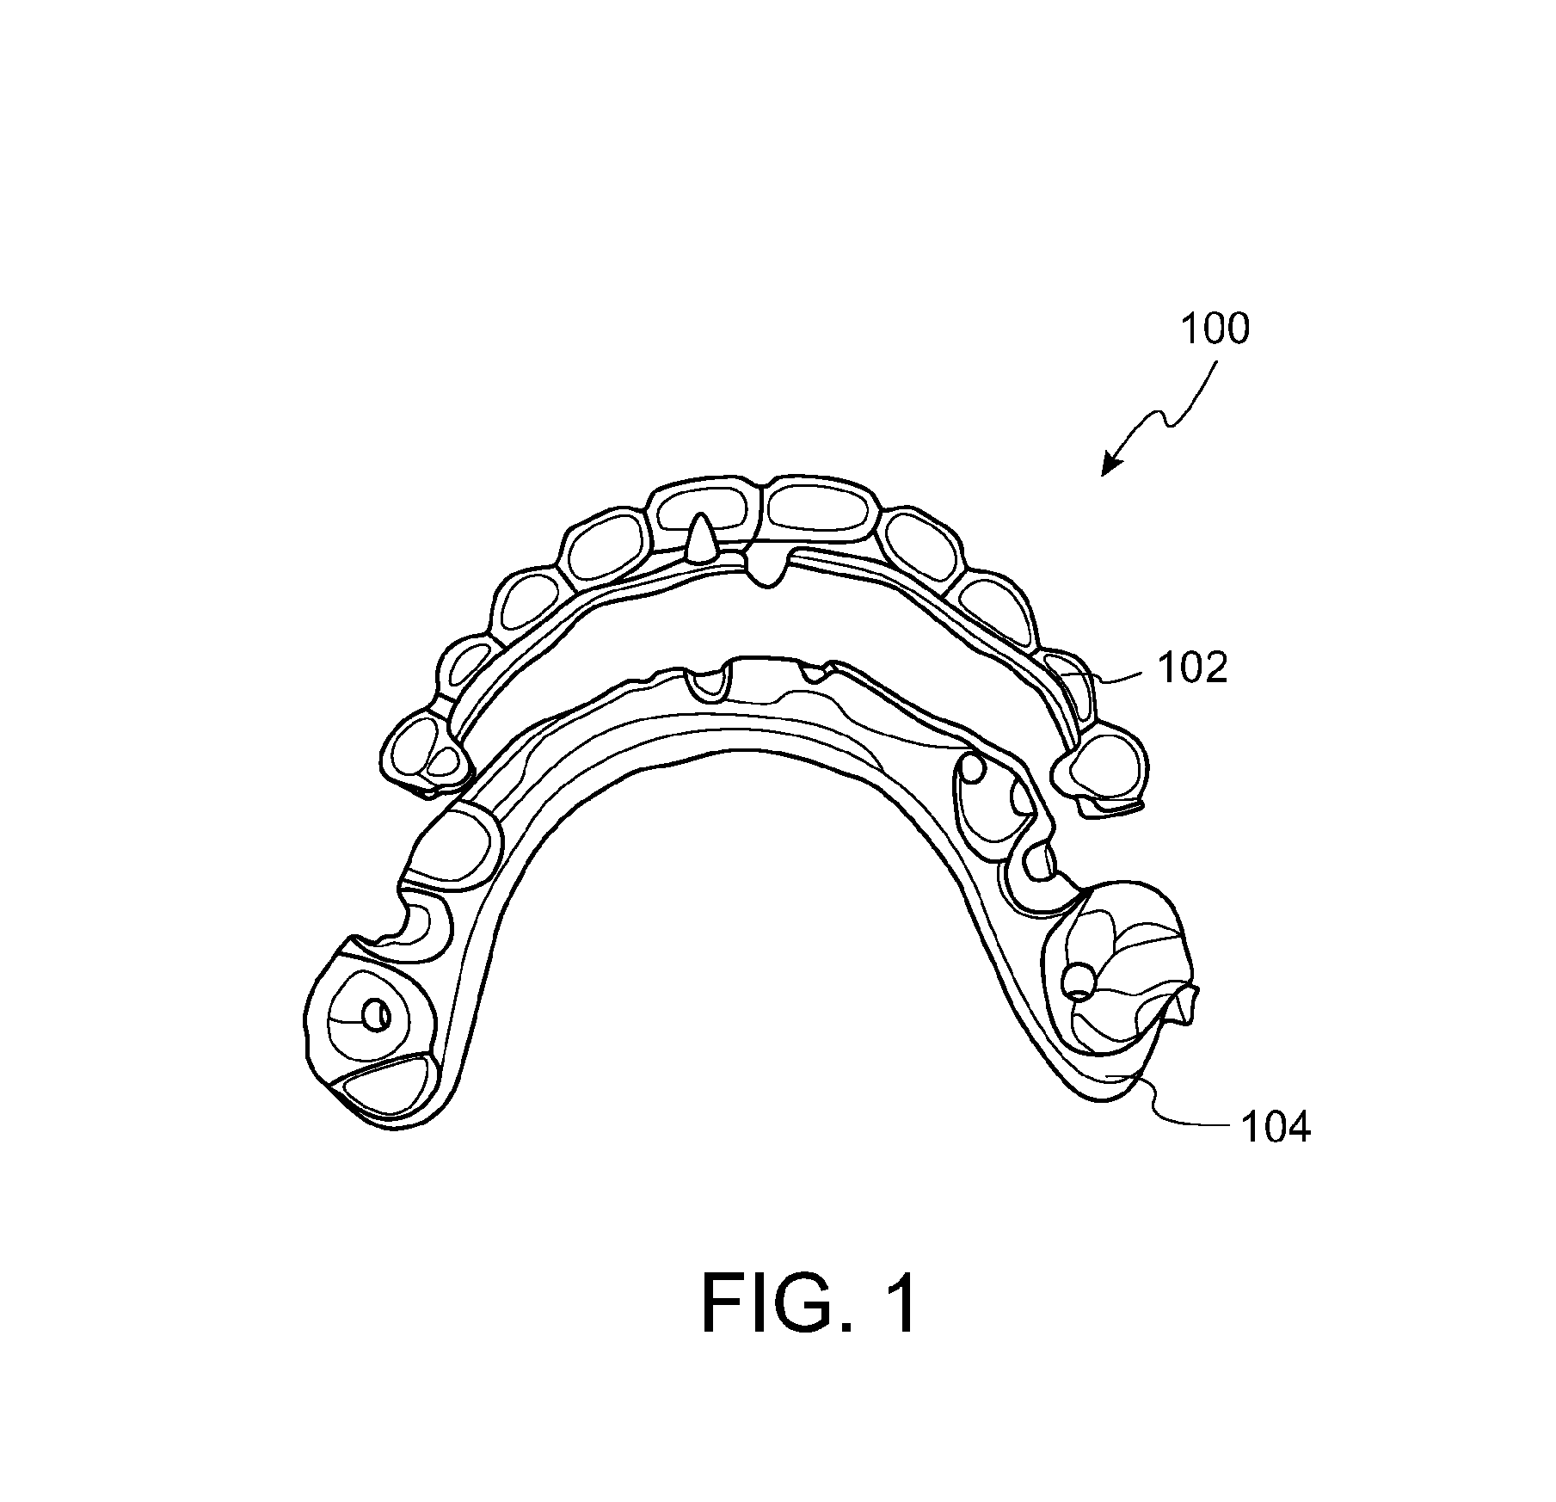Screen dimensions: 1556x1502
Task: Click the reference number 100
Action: (1215, 329)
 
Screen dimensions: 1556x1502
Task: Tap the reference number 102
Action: (1193, 668)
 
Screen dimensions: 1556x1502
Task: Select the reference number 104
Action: (1275, 1127)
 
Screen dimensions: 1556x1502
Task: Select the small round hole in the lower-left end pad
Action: (376, 1016)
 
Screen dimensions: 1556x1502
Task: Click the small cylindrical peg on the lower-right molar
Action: (1076, 980)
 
